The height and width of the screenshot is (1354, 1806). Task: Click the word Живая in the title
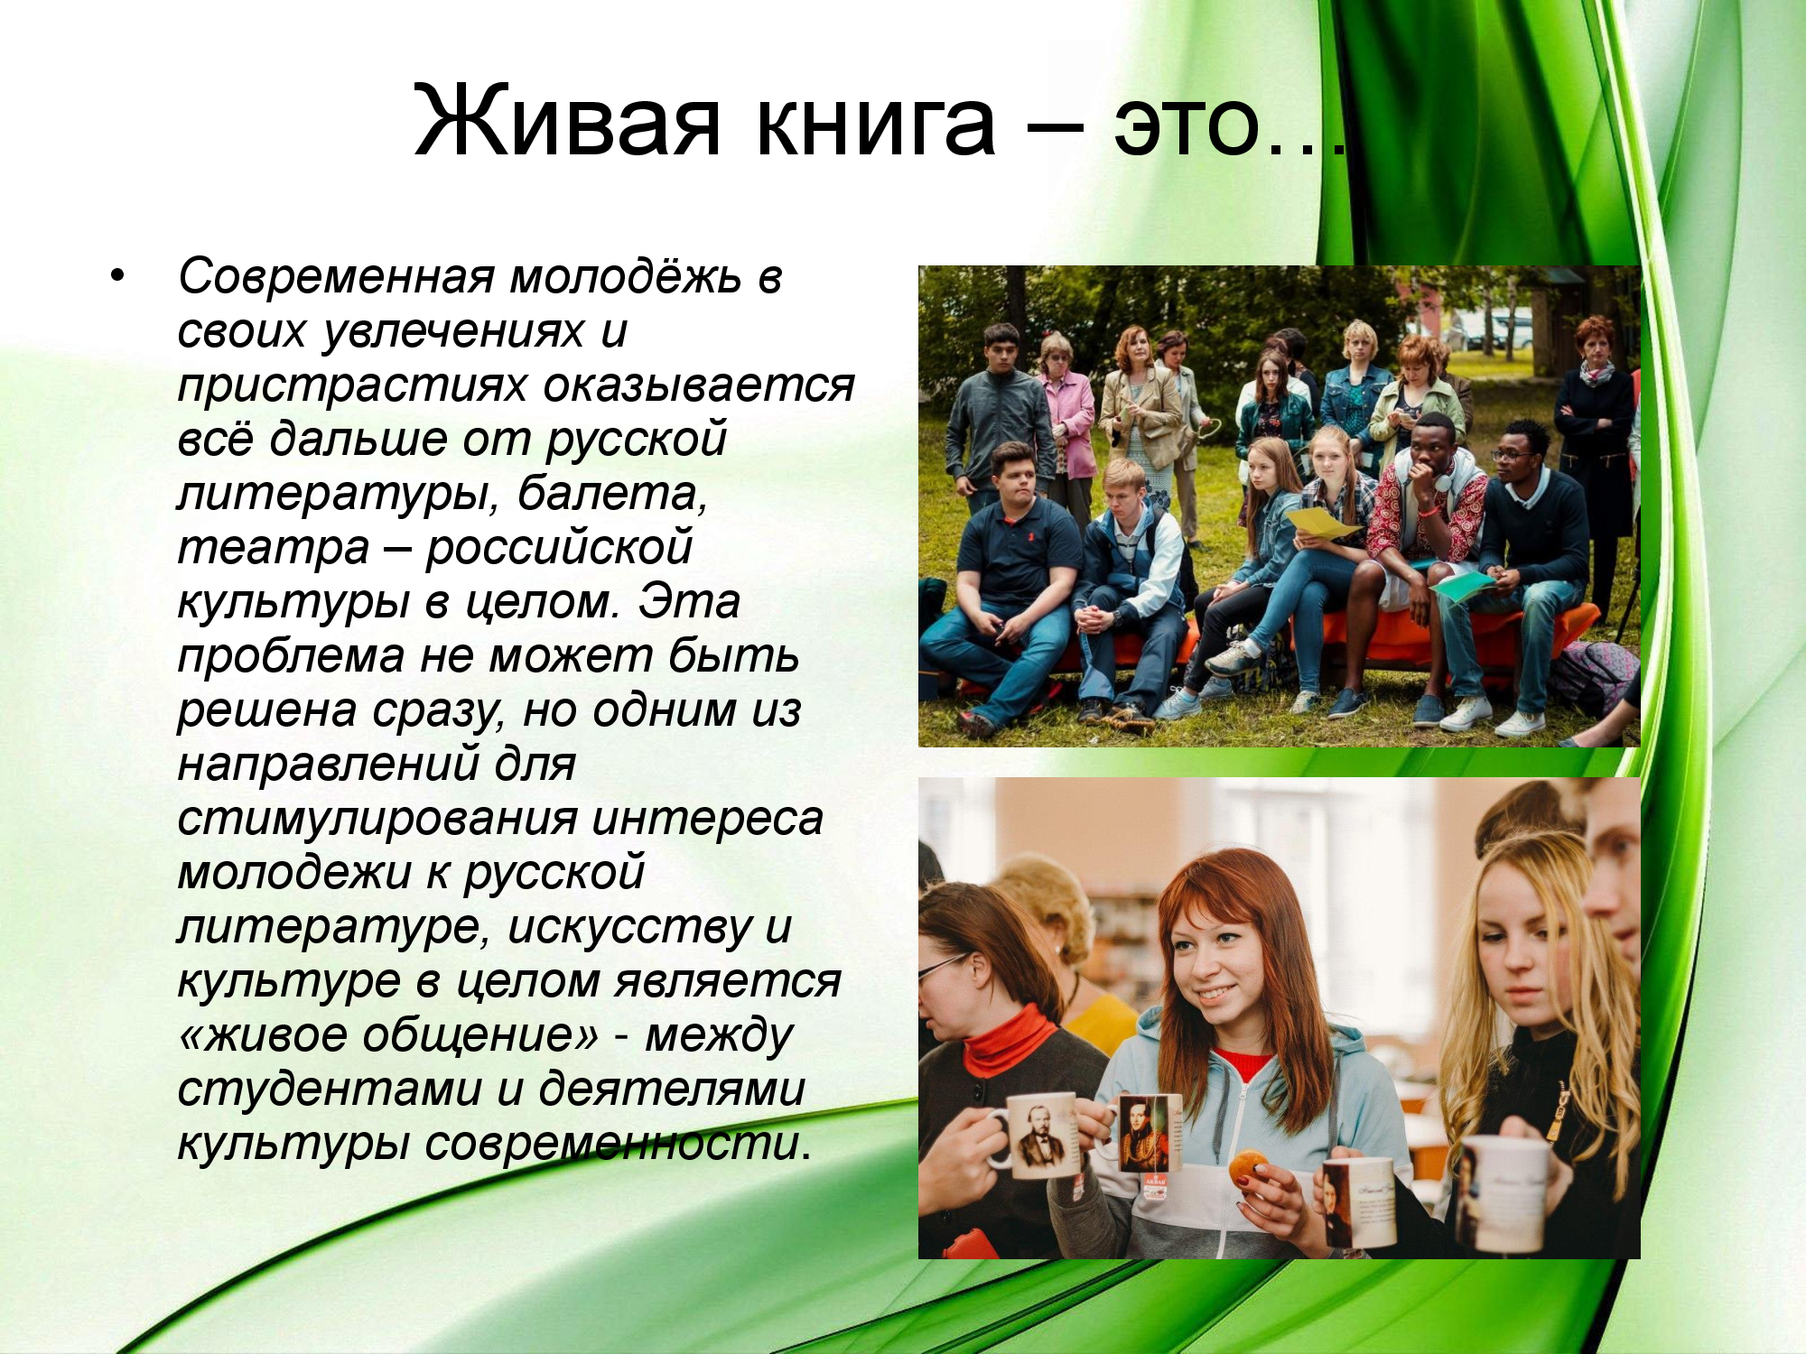coord(568,121)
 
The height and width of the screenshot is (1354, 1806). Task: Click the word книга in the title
coord(876,123)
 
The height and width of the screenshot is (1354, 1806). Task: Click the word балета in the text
coord(612,495)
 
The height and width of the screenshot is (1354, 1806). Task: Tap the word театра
coord(274,549)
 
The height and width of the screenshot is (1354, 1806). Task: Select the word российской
coord(559,548)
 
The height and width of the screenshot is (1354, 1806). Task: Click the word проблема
coord(291,657)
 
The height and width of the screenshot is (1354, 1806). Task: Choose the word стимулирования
coord(377,820)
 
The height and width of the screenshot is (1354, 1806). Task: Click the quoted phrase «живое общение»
coord(389,1035)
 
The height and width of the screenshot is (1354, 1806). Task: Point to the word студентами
coord(330,1090)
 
